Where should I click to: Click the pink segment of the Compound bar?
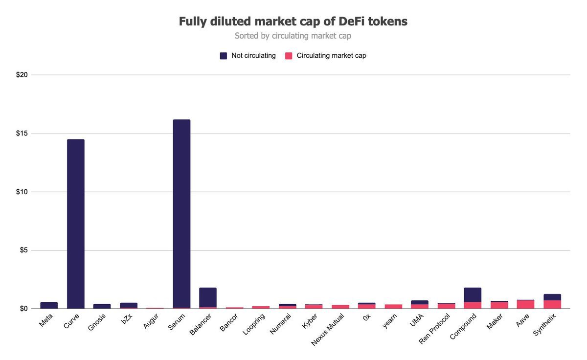click(x=473, y=305)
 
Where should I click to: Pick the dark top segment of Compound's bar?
click(x=473, y=295)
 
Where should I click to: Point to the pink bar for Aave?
click(x=525, y=304)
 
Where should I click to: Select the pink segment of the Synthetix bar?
click(x=552, y=304)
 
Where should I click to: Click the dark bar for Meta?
click(x=49, y=305)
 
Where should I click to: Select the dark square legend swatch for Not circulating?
click(x=224, y=56)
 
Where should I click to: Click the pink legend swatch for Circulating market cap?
click(x=289, y=56)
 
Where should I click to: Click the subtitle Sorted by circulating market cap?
click(x=293, y=36)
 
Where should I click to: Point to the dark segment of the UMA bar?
click(x=420, y=302)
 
